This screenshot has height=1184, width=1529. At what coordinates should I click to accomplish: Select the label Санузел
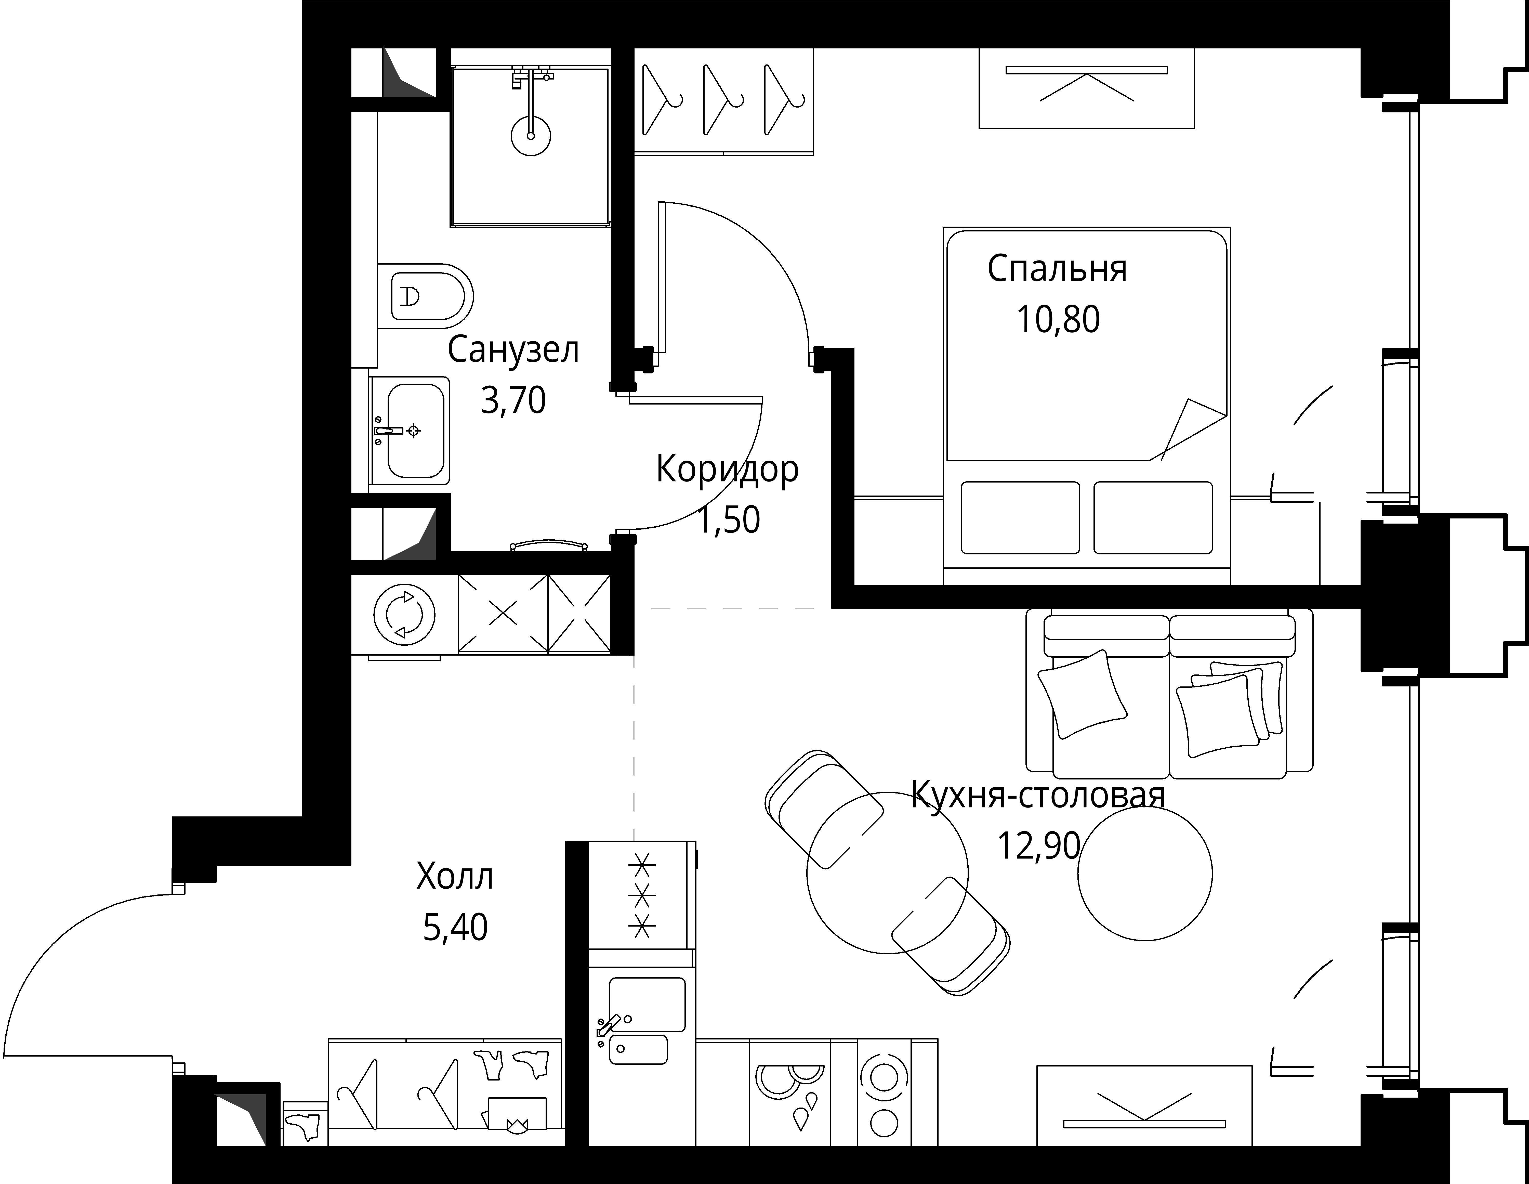click(513, 350)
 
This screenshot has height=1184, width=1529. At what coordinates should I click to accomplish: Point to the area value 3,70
click(513, 400)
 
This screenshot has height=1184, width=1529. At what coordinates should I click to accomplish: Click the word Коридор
click(727, 470)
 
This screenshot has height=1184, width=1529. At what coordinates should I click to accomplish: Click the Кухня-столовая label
click(1038, 795)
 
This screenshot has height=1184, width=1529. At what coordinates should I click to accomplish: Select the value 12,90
click(1038, 846)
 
